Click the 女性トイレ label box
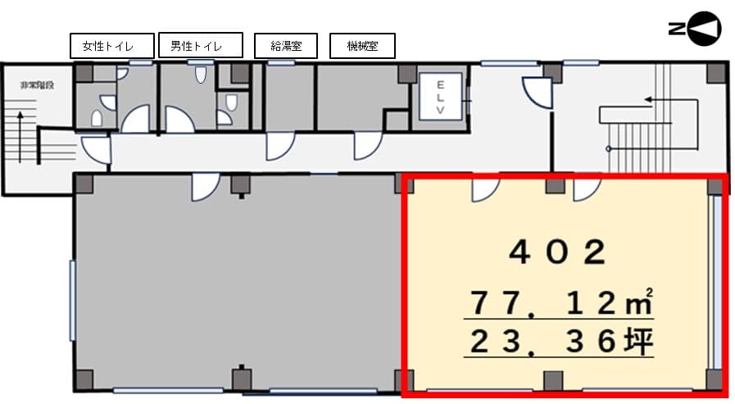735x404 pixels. (112, 45)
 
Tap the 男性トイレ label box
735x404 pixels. (201, 45)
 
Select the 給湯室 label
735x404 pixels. (286, 45)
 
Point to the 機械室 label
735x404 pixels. (362, 45)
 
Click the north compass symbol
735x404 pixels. (695, 29)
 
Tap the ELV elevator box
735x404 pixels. (440, 97)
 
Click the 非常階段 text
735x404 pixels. (37, 85)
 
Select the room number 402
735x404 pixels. (557, 252)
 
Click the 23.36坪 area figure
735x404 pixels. (561, 341)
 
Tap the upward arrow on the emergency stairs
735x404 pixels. (20, 137)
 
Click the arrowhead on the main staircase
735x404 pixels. (648, 99)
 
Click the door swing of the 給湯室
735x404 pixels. (280, 146)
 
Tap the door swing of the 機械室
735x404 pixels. (368, 146)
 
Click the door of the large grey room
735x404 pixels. (206, 187)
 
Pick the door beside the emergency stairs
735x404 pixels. (97, 150)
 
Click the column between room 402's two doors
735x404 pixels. (555, 185)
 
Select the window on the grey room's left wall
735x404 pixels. (73, 301)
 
